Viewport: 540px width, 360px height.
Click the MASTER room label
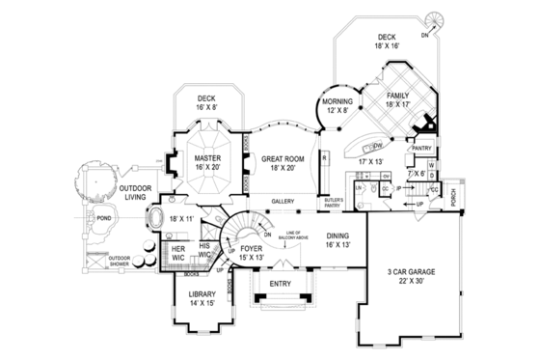[x=207, y=156]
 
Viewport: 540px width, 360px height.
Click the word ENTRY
[x=281, y=284]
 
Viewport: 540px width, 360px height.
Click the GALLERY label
[x=283, y=202]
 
